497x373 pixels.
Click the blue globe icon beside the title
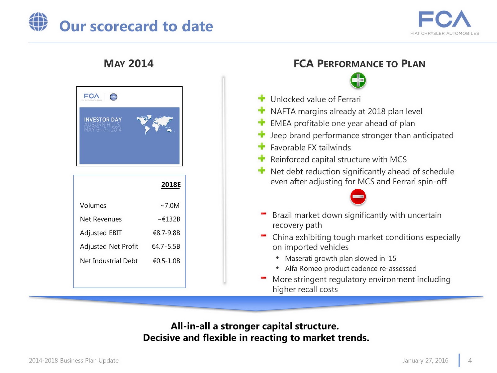[38, 22]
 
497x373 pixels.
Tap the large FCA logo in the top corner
[445, 19]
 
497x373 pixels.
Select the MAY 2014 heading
[129, 64]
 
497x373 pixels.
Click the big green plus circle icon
[358, 81]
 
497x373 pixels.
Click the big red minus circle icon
[358, 197]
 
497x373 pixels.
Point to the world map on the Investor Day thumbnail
[154, 124]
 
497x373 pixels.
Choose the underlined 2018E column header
[171, 185]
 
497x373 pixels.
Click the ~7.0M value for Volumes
[170, 205]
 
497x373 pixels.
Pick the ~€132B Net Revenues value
[169, 219]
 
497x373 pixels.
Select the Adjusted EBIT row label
[101, 233]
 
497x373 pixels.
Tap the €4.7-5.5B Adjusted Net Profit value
[166, 246]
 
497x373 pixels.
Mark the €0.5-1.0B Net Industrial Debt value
[166, 261]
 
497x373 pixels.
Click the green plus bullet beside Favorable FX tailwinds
[262, 146]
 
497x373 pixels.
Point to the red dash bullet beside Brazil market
[263, 214]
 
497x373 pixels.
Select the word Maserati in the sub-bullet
[299, 259]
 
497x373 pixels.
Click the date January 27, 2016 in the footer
[425, 361]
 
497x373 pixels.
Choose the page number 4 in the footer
[470, 361]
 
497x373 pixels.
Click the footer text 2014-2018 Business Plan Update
[74, 361]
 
